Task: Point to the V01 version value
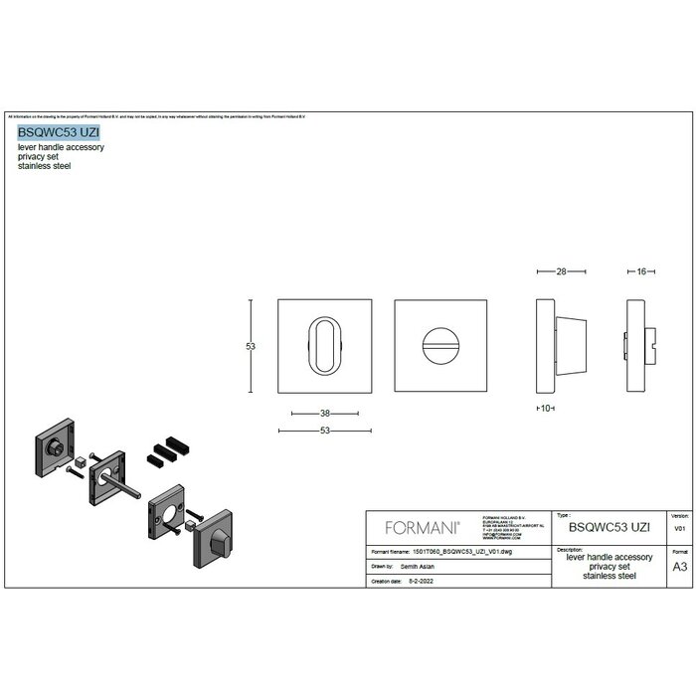[680, 530]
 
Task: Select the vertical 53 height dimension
[251, 346]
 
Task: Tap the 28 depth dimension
[562, 270]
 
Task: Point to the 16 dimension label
[641, 270]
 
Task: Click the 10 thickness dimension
[544, 408]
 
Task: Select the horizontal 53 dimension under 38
[325, 431]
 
